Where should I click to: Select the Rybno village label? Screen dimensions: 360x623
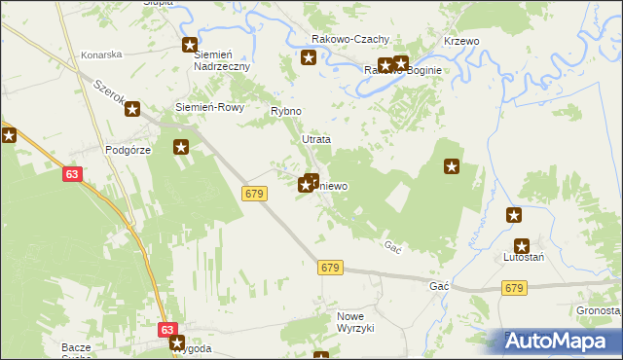pos(285,112)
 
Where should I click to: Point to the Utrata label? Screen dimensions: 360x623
pos(315,140)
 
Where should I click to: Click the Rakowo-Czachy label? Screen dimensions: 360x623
pos(350,40)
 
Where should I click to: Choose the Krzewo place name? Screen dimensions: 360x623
pos(461,42)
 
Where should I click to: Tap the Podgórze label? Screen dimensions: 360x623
pos(127,151)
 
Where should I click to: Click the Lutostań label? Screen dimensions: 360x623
pos(523,257)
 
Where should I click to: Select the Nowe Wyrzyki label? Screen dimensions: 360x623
pos(355,323)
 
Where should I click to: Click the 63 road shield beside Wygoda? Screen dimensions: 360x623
pos(167,330)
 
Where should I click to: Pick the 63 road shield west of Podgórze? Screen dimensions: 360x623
pos(73,174)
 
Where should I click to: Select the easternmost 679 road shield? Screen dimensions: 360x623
pos(515,288)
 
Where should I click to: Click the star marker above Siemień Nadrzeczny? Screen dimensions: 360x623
pos(191,45)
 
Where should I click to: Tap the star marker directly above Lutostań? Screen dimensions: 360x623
pos(514,215)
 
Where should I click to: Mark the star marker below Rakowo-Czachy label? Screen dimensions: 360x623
pos(309,58)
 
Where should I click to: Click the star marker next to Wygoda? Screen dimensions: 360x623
pos(177,342)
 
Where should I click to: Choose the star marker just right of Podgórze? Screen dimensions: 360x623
pos(181,148)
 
